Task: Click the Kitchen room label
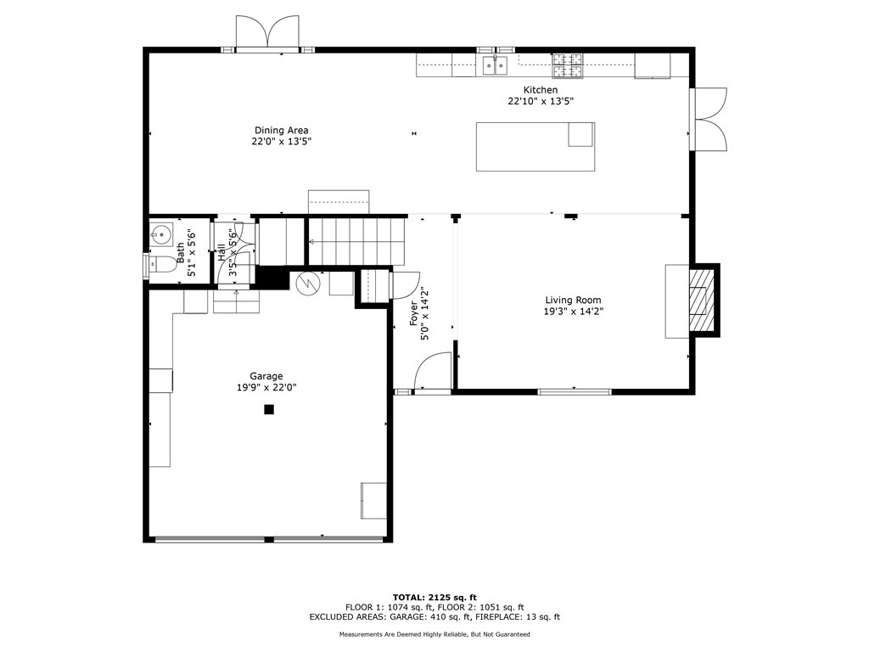[541, 90]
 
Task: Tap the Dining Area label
[282, 130]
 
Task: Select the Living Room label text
[573, 300]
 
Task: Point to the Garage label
[266, 376]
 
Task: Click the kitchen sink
[495, 65]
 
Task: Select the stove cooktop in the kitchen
[567, 65]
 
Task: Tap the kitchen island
[535, 146]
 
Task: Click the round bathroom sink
[160, 234]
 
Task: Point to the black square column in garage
[269, 410]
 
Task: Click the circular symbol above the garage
[308, 284]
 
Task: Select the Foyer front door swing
[434, 370]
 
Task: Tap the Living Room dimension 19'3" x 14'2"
[573, 312]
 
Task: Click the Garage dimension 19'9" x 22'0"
[266, 387]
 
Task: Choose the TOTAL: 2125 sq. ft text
[434, 597]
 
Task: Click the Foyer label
[414, 313]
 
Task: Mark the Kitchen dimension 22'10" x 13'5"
[541, 102]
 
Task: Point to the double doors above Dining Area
[267, 32]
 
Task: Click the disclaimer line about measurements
[434, 634]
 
